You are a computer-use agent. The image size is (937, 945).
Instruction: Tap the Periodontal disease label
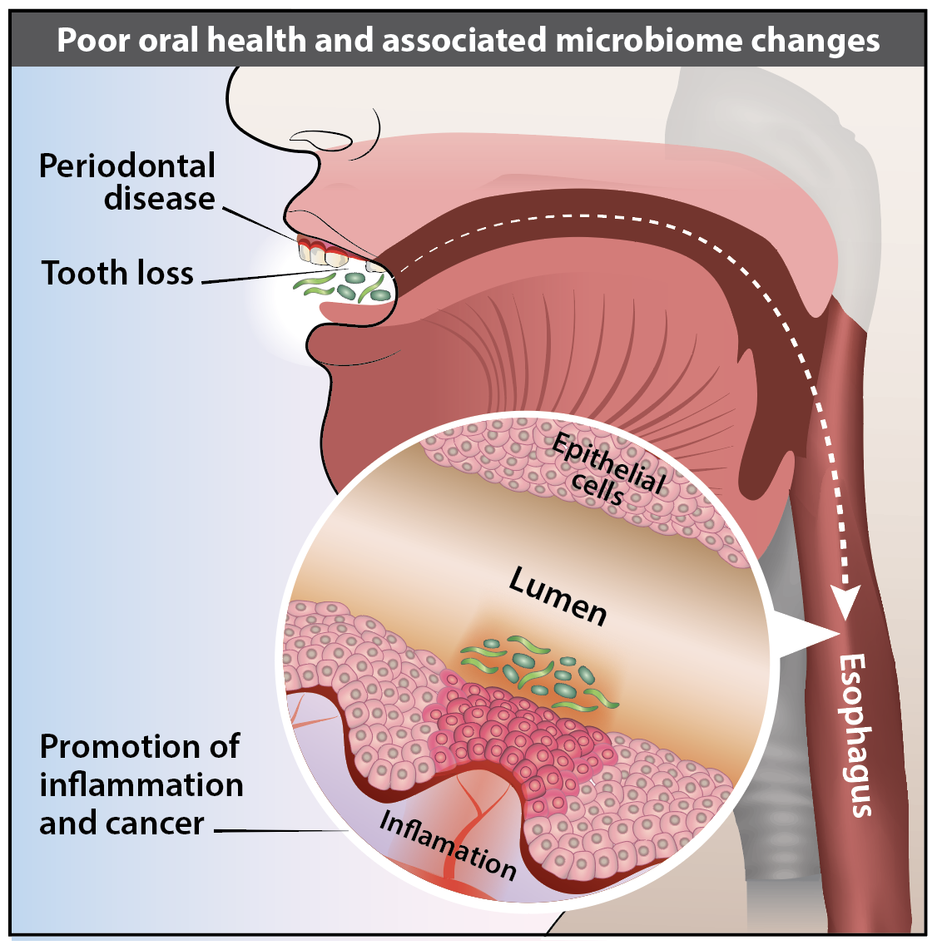(126, 182)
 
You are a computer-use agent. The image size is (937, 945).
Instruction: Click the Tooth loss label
(117, 274)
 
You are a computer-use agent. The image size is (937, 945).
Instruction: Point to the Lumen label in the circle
(558, 596)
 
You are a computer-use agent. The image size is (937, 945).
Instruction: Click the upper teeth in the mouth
(325, 254)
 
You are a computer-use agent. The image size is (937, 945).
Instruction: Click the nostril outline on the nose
(317, 142)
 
